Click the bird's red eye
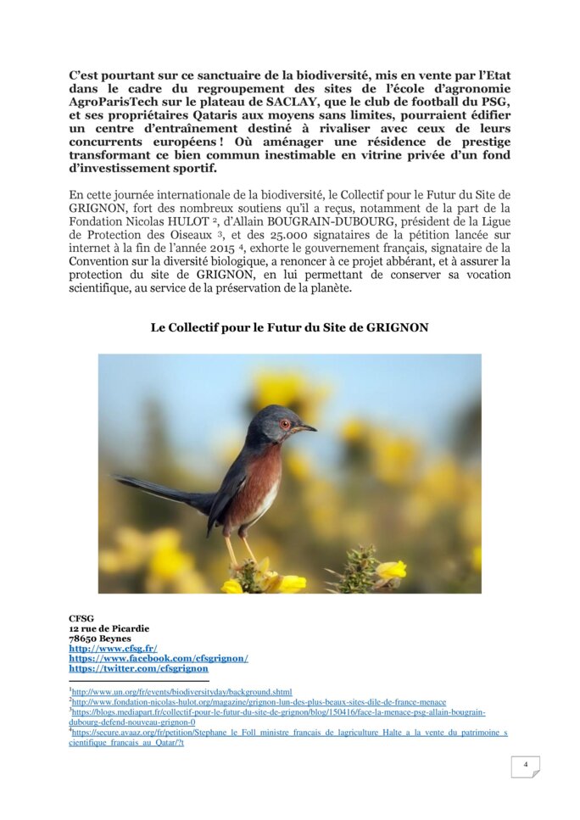point(286,423)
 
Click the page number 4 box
point(525,766)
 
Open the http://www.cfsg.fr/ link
point(113,648)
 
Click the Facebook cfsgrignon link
point(159,658)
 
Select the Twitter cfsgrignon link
point(138,668)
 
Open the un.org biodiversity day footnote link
point(182,692)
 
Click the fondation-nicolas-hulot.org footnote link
point(259,702)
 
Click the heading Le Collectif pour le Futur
point(289,327)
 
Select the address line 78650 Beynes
point(100,638)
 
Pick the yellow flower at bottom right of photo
point(391,569)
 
